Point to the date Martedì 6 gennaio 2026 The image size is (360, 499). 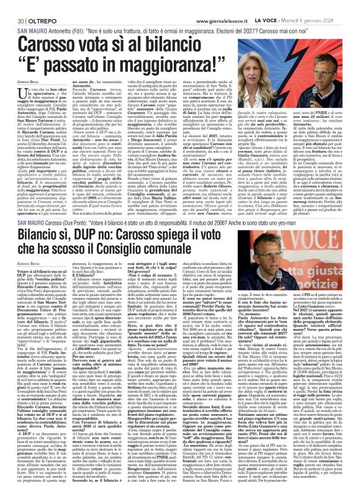pyautogui.click(x=326, y=6)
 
